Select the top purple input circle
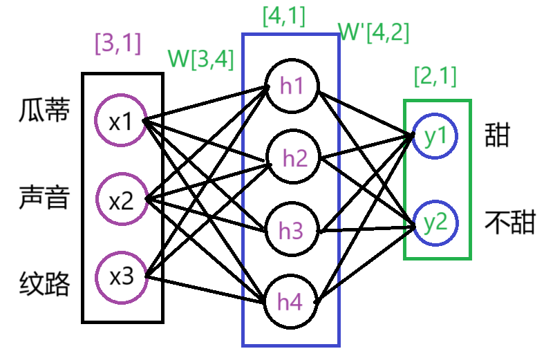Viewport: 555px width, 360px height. [121, 120]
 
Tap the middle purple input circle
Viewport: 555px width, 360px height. [122, 199]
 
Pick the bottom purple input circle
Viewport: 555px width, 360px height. [121, 278]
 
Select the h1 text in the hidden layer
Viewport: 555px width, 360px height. [292, 86]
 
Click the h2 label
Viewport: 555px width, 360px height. [295, 159]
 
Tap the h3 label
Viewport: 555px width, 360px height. [291, 231]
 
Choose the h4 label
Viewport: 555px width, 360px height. [290, 303]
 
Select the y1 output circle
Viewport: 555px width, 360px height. [435, 136]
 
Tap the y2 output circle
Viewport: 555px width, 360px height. [435, 222]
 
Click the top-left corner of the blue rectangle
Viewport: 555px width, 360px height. [243, 35]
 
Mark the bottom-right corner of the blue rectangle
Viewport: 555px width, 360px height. [339, 345]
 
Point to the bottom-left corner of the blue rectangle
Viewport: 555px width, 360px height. [243, 345]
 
